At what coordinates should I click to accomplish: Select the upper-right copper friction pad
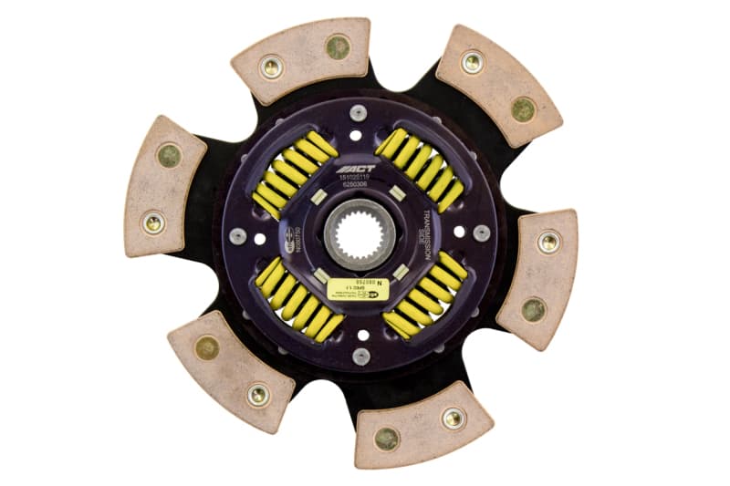[x=497, y=85]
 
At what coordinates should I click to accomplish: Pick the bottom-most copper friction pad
[x=422, y=425]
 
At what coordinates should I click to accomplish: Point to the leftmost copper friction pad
[x=164, y=186]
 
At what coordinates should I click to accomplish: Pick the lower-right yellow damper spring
[x=424, y=295]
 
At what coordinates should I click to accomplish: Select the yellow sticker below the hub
[x=359, y=289]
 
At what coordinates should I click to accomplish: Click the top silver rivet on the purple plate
[x=358, y=112]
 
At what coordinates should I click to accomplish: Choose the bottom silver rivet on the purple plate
[x=360, y=355]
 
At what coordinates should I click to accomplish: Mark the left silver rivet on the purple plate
[x=239, y=236]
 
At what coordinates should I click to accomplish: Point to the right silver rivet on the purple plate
[x=480, y=232]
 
